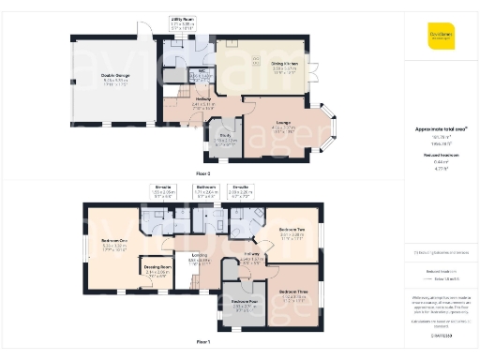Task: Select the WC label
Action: coord(202,71)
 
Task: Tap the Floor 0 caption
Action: coord(203,173)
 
